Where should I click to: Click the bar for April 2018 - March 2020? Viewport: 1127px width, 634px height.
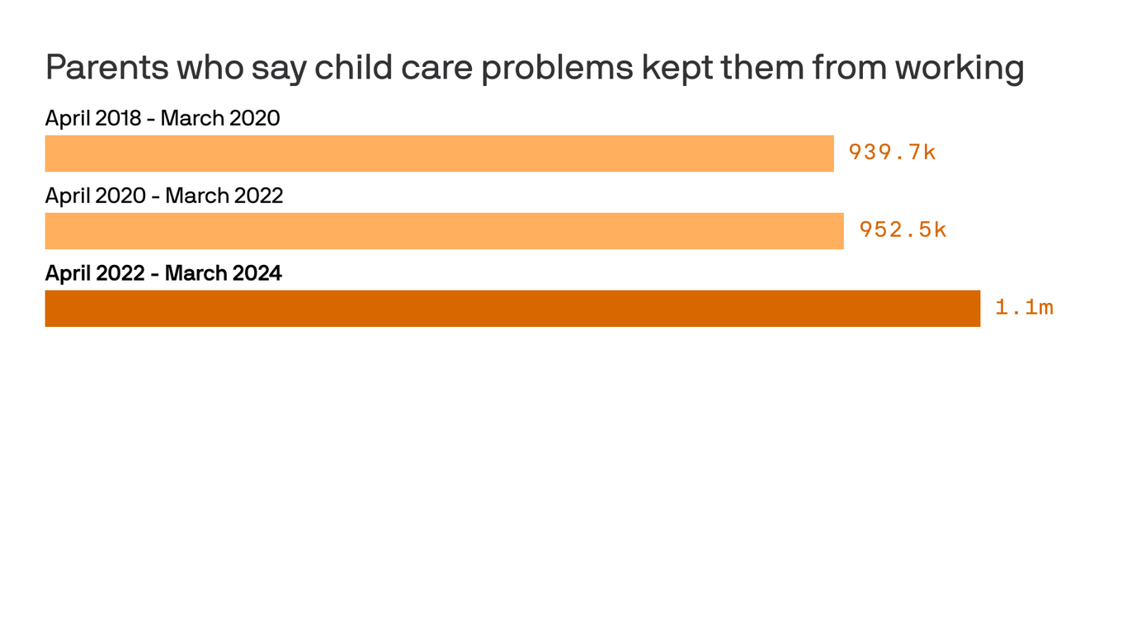(x=439, y=154)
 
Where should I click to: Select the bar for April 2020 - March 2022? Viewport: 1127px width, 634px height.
(x=444, y=231)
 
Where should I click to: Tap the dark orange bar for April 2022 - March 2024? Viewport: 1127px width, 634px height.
(x=512, y=309)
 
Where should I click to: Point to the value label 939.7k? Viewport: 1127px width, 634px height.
(x=892, y=153)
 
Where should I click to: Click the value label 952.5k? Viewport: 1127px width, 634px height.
(x=903, y=230)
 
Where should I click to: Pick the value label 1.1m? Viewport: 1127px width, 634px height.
(x=1024, y=308)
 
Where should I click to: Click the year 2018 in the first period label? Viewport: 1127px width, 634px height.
(x=119, y=118)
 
